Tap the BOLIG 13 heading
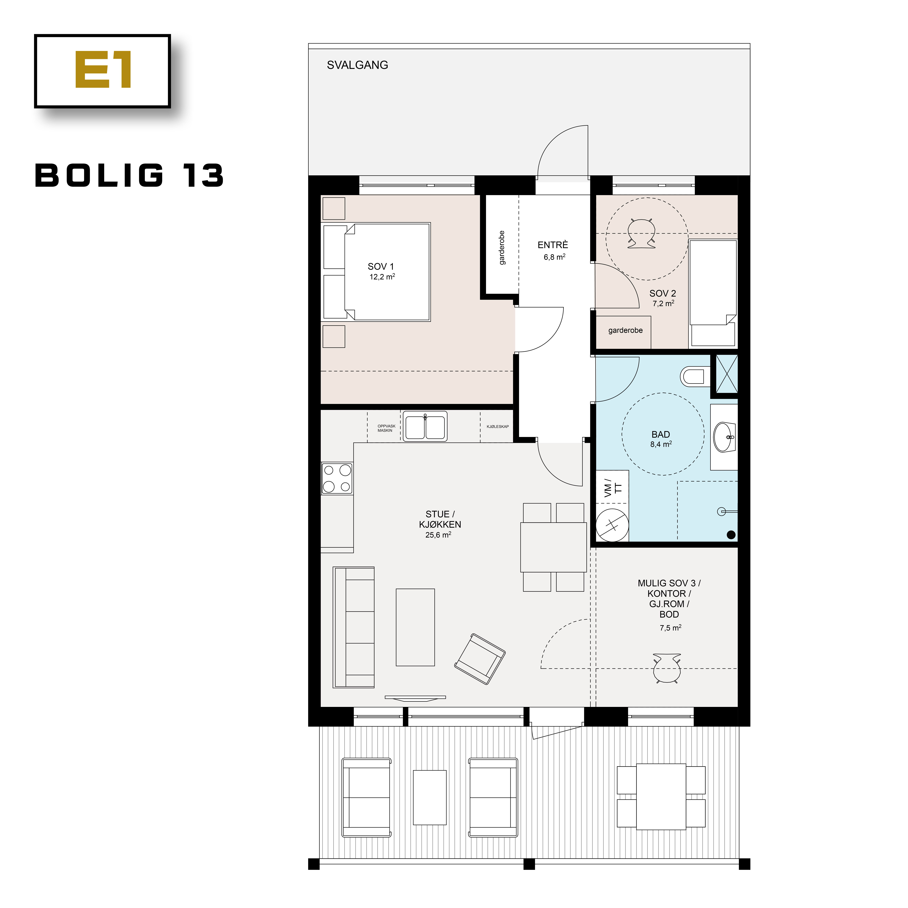click(129, 176)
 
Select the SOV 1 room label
click(381, 266)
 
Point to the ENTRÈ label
click(553, 245)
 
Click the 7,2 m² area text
click(663, 304)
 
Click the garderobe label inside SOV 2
click(625, 330)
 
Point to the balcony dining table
click(661, 797)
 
